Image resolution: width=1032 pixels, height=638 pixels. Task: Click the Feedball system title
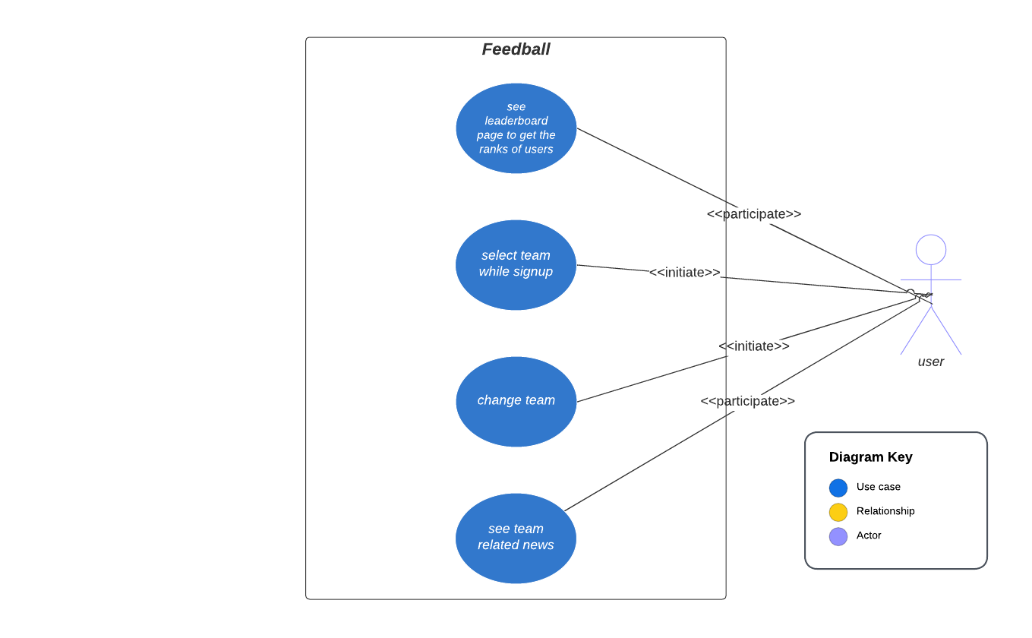(x=516, y=49)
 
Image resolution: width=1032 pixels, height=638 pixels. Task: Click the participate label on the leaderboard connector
(x=753, y=214)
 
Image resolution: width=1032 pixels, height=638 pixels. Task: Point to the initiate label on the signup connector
(x=684, y=272)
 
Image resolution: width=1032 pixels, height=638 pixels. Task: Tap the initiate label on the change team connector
(x=753, y=346)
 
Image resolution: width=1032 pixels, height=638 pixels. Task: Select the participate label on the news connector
(x=747, y=401)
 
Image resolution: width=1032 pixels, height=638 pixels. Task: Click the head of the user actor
(x=930, y=250)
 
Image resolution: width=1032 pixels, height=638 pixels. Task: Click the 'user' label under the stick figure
(x=930, y=362)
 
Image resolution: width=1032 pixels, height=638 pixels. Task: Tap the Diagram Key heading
(x=870, y=457)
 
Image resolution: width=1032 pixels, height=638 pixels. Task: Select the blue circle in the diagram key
(x=838, y=488)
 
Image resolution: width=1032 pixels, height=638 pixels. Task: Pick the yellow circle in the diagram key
(x=838, y=512)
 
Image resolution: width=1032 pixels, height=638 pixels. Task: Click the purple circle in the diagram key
(x=838, y=536)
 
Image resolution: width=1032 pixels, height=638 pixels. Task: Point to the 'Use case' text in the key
(x=878, y=487)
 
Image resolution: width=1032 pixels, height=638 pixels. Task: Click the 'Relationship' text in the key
(x=885, y=511)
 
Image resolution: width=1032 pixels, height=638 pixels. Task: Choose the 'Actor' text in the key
(x=869, y=535)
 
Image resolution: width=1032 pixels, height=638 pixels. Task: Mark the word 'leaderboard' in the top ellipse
(x=516, y=121)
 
